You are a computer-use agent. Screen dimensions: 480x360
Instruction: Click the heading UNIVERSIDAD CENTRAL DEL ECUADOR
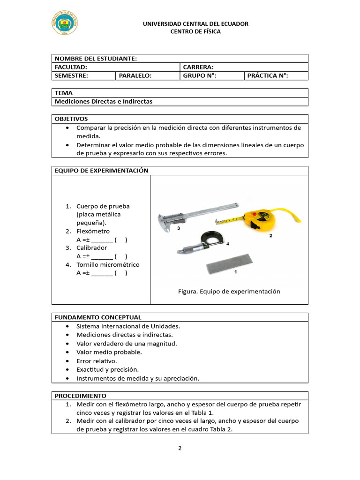(195, 24)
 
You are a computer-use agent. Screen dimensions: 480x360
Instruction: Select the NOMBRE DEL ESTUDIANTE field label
(96, 59)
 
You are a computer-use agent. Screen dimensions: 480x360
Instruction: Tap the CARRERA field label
(198, 67)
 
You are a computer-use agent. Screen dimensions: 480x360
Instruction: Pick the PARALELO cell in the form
(135, 75)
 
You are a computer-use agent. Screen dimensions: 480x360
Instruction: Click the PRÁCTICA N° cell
(267, 75)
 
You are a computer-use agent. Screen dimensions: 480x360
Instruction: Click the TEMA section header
(64, 93)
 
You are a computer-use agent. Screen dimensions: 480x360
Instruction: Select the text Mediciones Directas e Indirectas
(104, 101)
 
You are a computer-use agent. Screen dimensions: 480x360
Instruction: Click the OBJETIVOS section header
(71, 119)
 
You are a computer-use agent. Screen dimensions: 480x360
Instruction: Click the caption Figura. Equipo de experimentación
(229, 291)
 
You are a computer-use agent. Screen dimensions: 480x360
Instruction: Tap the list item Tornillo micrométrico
(108, 264)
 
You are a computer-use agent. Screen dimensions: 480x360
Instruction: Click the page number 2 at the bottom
(180, 448)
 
